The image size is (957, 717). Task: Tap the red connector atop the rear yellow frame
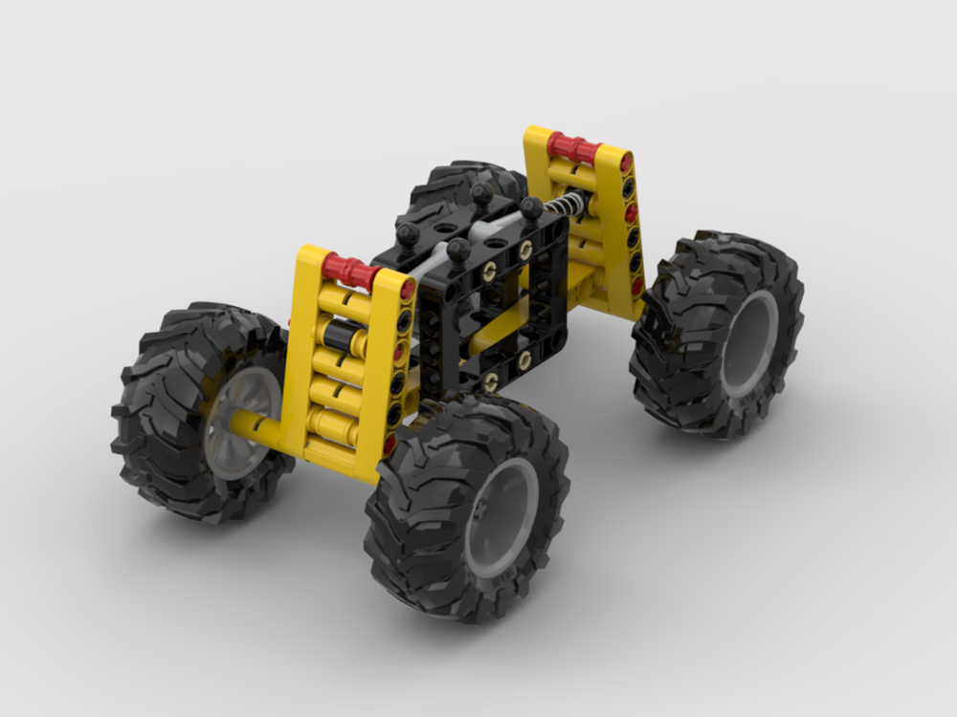coord(573,147)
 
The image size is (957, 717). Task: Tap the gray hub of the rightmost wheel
coord(750,342)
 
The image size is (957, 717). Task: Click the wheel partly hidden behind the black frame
coord(459,186)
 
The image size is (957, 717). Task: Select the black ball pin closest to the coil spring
coord(531,207)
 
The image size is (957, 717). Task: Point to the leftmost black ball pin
coord(409,233)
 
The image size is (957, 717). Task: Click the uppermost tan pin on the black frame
coord(525,250)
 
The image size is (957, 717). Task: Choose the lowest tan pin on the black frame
coord(491,382)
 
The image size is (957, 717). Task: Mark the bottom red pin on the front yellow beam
coord(389,445)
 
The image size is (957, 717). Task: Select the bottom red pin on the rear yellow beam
coord(637,285)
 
